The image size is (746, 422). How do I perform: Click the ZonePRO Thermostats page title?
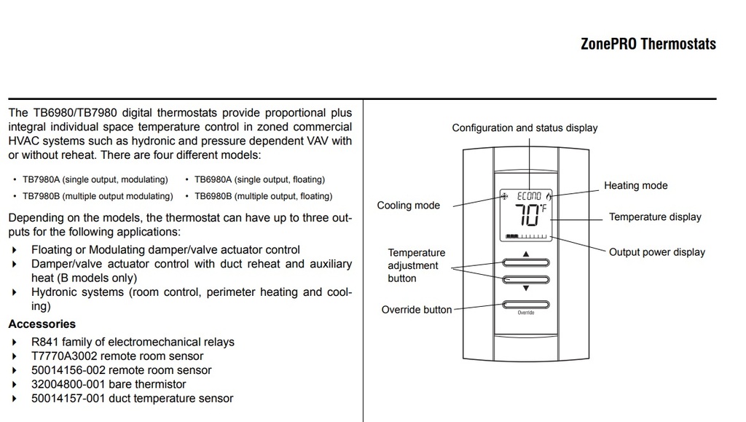[x=648, y=44]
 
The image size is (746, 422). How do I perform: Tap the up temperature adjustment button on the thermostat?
[x=525, y=264]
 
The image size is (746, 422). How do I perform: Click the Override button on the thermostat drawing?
[x=525, y=305]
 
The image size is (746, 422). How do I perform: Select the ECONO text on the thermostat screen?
[x=530, y=197]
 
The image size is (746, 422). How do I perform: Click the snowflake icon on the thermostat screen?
[x=504, y=197]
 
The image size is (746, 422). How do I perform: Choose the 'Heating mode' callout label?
[x=635, y=186]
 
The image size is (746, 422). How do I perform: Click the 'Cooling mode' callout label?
[x=408, y=206]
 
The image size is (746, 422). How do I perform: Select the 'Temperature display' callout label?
[x=655, y=217]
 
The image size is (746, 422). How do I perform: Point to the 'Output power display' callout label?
[x=657, y=252]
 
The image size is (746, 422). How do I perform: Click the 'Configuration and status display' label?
[x=525, y=128]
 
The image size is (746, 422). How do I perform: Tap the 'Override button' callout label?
[x=417, y=310]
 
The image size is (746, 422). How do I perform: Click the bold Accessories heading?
[x=42, y=324]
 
